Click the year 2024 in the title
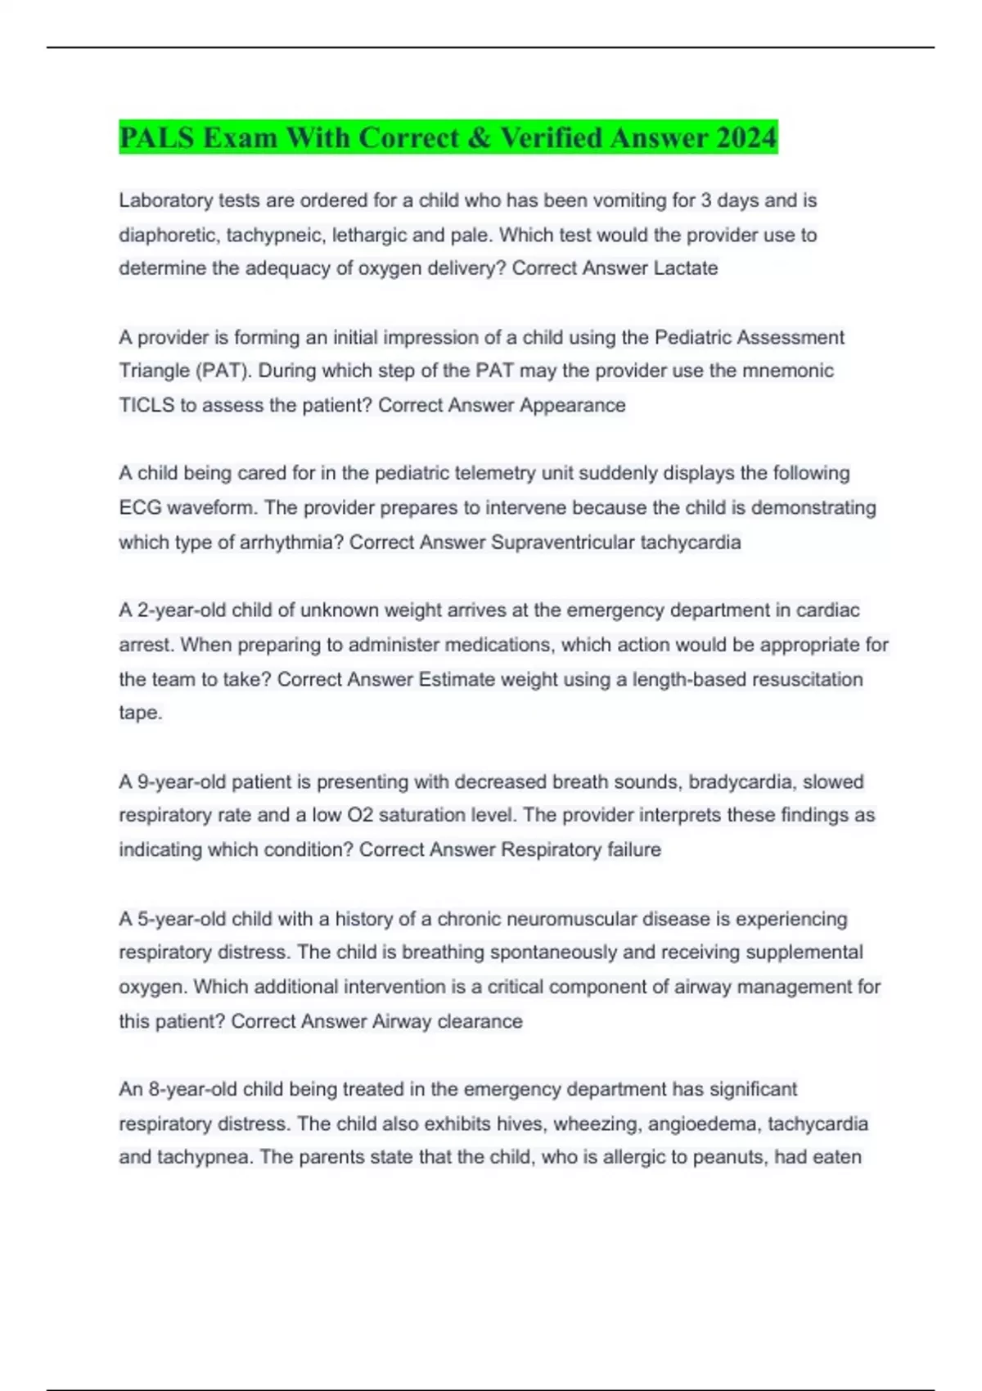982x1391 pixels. (746, 137)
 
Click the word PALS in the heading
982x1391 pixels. (156, 137)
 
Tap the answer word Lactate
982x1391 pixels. (685, 268)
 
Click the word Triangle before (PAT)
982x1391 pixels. (153, 371)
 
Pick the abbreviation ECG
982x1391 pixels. (140, 508)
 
